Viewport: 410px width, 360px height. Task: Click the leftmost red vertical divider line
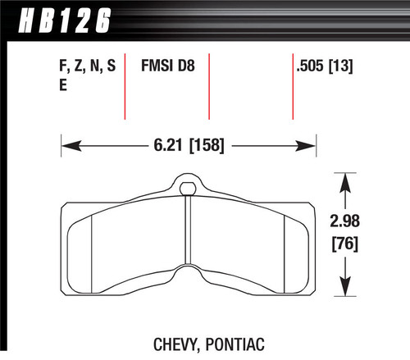125,86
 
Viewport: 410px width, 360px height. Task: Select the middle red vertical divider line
211,86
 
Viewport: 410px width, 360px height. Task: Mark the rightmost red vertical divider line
294,86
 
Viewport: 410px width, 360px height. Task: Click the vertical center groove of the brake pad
189,246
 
